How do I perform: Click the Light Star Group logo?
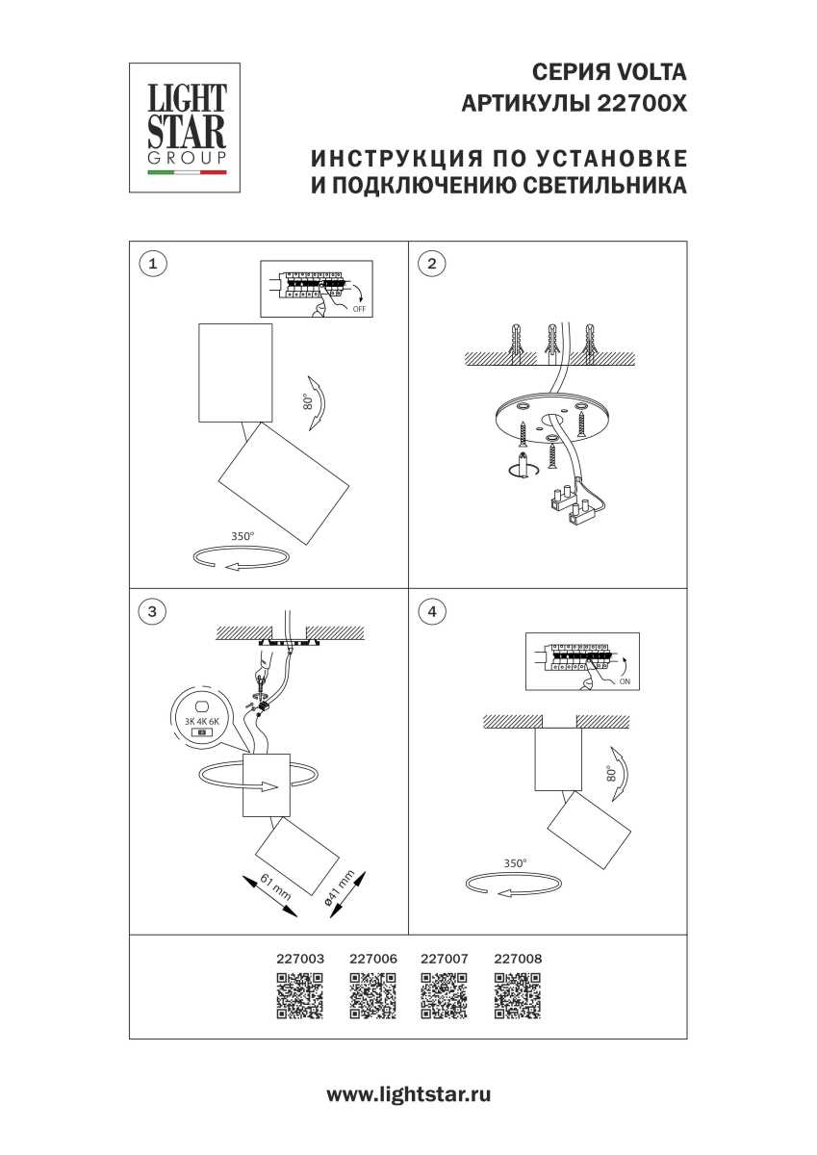[x=186, y=127]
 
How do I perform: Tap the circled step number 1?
[x=152, y=263]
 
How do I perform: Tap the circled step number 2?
[x=432, y=263]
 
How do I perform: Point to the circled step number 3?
[x=152, y=610]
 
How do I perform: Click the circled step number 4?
[x=432, y=610]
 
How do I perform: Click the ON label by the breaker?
[x=625, y=680]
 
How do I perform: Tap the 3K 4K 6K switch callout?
[x=202, y=719]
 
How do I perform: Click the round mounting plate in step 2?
[x=547, y=423]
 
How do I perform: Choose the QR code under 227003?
[x=299, y=996]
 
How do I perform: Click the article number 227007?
[x=445, y=959]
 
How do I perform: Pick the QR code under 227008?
[x=517, y=996]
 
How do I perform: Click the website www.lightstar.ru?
[x=409, y=1094]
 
